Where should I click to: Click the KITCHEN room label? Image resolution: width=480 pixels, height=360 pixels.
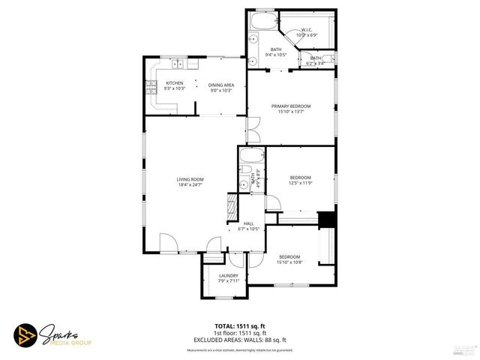click(x=174, y=83)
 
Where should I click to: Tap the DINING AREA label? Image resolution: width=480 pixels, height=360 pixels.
click(x=221, y=85)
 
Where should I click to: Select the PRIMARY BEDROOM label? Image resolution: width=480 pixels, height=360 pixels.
click(x=291, y=106)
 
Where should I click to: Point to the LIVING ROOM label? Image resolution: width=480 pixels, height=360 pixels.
click(x=190, y=179)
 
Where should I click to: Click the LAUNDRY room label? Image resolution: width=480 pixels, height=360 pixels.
click(x=228, y=276)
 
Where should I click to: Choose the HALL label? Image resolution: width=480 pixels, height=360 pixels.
click(x=248, y=223)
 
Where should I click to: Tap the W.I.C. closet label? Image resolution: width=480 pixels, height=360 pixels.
click(x=307, y=31)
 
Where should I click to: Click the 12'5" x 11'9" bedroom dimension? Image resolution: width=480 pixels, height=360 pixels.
click(x=300, y=182)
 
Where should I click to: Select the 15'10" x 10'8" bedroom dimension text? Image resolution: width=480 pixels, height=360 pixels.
click(x=289, y=262)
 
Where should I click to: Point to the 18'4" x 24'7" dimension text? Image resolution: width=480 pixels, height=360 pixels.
click(x=190, y=184)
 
